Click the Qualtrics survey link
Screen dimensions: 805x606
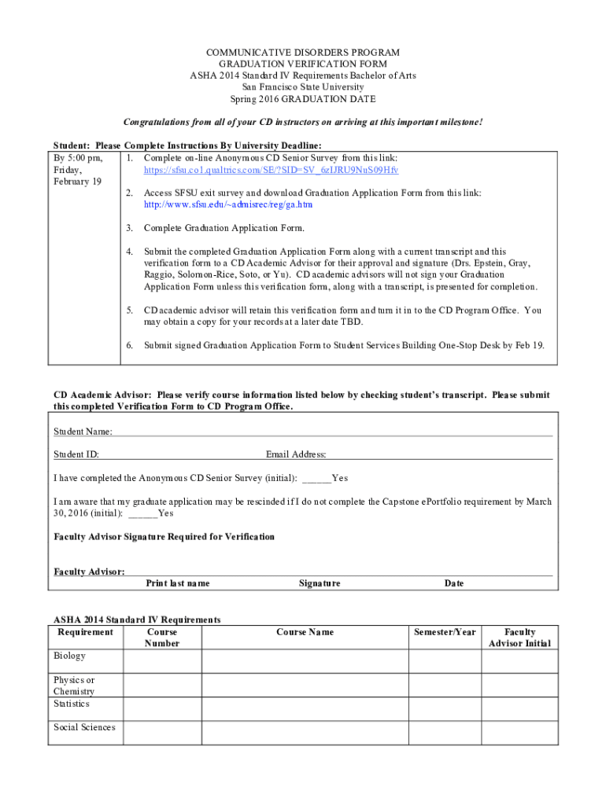pos(271,170)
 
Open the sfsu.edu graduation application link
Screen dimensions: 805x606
pos(227,204)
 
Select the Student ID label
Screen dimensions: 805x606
pos(76,454)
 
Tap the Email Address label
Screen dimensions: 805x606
pos(295,454)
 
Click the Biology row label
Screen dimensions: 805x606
pos(69,656)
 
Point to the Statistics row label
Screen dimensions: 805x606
pos(72,704)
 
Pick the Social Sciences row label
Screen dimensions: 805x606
pos(84,727)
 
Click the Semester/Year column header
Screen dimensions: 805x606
pos(445,632)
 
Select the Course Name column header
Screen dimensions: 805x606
pos(305,632)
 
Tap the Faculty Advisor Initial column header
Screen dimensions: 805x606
pos(519,638)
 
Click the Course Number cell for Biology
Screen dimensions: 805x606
pos(161,661)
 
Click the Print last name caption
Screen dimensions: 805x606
pos(178,583)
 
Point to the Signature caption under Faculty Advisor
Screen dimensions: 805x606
pos(320,583)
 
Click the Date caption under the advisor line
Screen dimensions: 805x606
pos(454,583)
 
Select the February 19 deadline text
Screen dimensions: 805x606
pos(77,182)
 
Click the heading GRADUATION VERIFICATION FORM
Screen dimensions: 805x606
pos(303,64)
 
